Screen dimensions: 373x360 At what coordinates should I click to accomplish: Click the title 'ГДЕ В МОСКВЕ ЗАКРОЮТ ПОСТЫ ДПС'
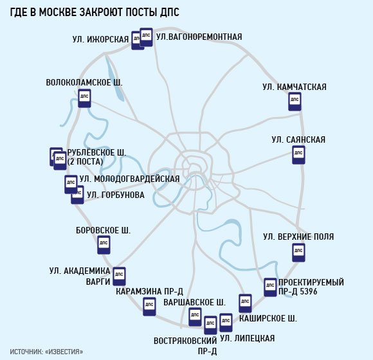[x=95, y=12]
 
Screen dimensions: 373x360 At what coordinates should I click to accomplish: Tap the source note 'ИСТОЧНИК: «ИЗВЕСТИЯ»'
[x=46, y=352]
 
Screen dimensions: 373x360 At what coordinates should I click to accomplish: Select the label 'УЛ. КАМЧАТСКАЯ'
[x=295, y=87]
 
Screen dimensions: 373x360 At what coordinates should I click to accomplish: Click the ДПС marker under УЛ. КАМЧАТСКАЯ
[x=295, y=102]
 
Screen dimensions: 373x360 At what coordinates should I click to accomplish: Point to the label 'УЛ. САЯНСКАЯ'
[x=298, y=139]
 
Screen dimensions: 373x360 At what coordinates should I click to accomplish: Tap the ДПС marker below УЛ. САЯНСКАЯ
[x=298, y=155]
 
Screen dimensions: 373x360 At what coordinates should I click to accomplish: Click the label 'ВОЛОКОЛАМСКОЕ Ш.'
[x=84, y=82]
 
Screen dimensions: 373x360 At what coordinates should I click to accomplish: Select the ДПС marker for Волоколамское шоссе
[x=84, y=98]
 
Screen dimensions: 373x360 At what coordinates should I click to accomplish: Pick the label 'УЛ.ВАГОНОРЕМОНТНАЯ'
[x=199, y=37]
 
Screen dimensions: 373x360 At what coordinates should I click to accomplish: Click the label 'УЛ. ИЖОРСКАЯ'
[x=100, y=39]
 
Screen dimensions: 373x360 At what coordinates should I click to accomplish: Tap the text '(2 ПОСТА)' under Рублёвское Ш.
[x=86, y=162]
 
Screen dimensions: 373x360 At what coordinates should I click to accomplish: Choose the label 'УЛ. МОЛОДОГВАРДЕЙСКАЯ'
[x=129, y=179]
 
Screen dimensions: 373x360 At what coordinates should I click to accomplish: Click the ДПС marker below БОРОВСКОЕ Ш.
[x=104, y=245]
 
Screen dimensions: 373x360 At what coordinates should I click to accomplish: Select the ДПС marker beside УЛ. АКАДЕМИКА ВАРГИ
[x=119, y=276]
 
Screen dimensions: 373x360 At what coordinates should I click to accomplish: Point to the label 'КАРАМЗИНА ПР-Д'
[x=149, y=291]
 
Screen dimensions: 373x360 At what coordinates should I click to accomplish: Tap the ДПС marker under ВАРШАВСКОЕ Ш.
[x=195, y=317]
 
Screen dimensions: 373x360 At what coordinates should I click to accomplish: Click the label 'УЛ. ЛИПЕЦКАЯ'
[x=248, y=338]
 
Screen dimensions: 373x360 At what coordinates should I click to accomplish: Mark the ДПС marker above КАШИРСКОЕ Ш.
[x=245, y=303]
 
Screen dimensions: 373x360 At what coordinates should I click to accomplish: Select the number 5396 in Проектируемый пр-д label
[x=307, y=291]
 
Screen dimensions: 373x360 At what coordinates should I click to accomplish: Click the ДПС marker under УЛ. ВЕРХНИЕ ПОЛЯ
[x=298, y=253]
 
